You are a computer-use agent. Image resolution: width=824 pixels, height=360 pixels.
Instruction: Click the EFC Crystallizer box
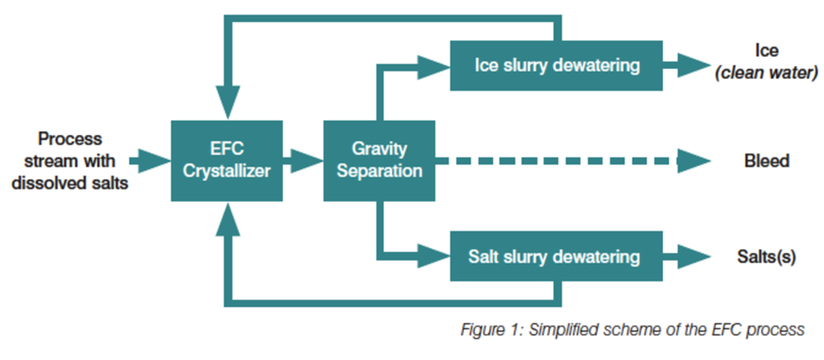[228, 159]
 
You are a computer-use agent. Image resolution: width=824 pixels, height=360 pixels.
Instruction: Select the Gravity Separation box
[379, 159]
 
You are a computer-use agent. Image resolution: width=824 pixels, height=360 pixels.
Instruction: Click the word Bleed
[766, 161]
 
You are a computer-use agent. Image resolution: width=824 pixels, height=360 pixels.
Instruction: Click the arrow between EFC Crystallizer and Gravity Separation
[304, 159]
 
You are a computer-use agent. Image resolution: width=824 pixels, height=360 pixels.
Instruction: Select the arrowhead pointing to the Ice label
[692, 64]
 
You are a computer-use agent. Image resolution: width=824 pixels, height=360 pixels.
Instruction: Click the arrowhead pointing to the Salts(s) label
[692, 256]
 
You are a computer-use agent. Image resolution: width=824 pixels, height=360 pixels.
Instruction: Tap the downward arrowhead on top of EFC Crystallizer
[228, 101]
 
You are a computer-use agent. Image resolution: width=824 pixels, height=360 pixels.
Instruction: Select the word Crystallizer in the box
[228, 170]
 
